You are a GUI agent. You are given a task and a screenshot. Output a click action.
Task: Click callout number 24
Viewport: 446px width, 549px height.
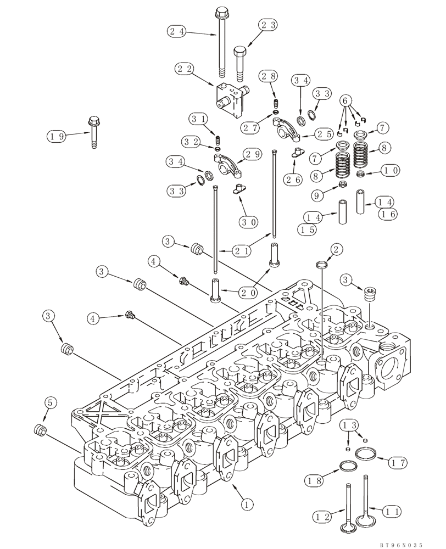pos(178,32)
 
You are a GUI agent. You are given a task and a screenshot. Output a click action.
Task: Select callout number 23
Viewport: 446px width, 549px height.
pos(269,24)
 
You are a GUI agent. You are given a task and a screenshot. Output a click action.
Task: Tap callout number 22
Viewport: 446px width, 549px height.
pos(186,69)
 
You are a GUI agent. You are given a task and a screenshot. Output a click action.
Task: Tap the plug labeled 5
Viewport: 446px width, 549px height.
pos(40,429)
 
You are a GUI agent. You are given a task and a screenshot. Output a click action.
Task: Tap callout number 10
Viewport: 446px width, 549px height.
pos(391,171)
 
